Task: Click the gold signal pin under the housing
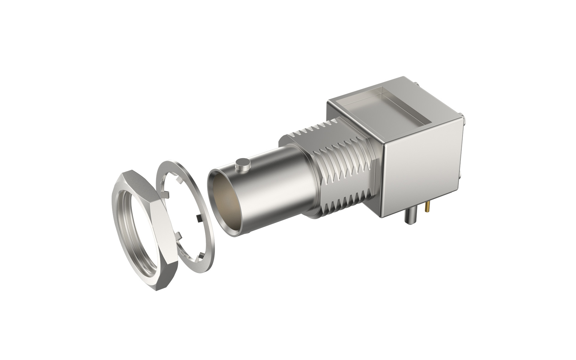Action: click(x=427, y=207)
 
